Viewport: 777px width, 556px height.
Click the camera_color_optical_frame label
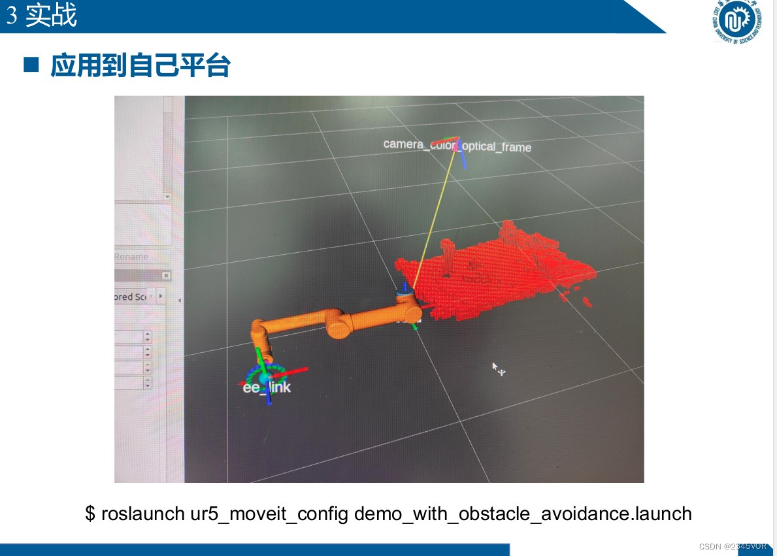tap(457, 146)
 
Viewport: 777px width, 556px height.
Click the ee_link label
tap(267, 387)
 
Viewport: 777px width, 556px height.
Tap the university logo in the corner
tap(738, 22)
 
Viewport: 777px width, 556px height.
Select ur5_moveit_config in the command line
tap(269, 514)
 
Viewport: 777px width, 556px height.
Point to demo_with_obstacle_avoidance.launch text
tap(523, 514)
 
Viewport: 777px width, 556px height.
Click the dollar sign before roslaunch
tap(90, 514)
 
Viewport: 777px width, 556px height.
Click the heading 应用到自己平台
tap(140, 66)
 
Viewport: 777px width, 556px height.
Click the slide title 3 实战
tap(42, 16)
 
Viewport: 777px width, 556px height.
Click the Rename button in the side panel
tap(131, 257)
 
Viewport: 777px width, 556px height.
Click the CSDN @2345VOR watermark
tap(732, 546)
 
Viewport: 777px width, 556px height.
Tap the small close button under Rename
tap(166, 276)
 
